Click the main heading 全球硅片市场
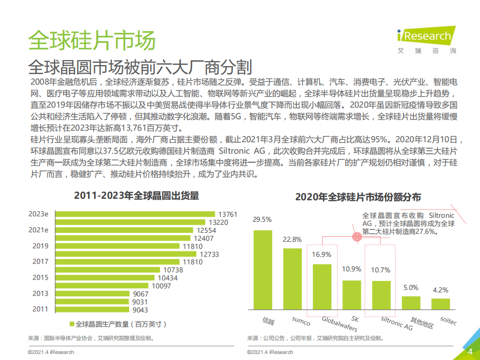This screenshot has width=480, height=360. coord(91,40)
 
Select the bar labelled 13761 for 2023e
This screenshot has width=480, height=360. coord(135,214)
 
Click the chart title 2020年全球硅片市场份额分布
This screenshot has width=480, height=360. coord(358,197)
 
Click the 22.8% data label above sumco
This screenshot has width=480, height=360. coord(292,239)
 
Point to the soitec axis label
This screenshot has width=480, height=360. coord(448,320)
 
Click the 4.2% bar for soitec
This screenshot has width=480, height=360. coord(440,304)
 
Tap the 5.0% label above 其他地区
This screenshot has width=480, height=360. coord(410,287)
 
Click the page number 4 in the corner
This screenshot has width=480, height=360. coord(470,351)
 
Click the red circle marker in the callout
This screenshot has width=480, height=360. coord(357,237)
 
